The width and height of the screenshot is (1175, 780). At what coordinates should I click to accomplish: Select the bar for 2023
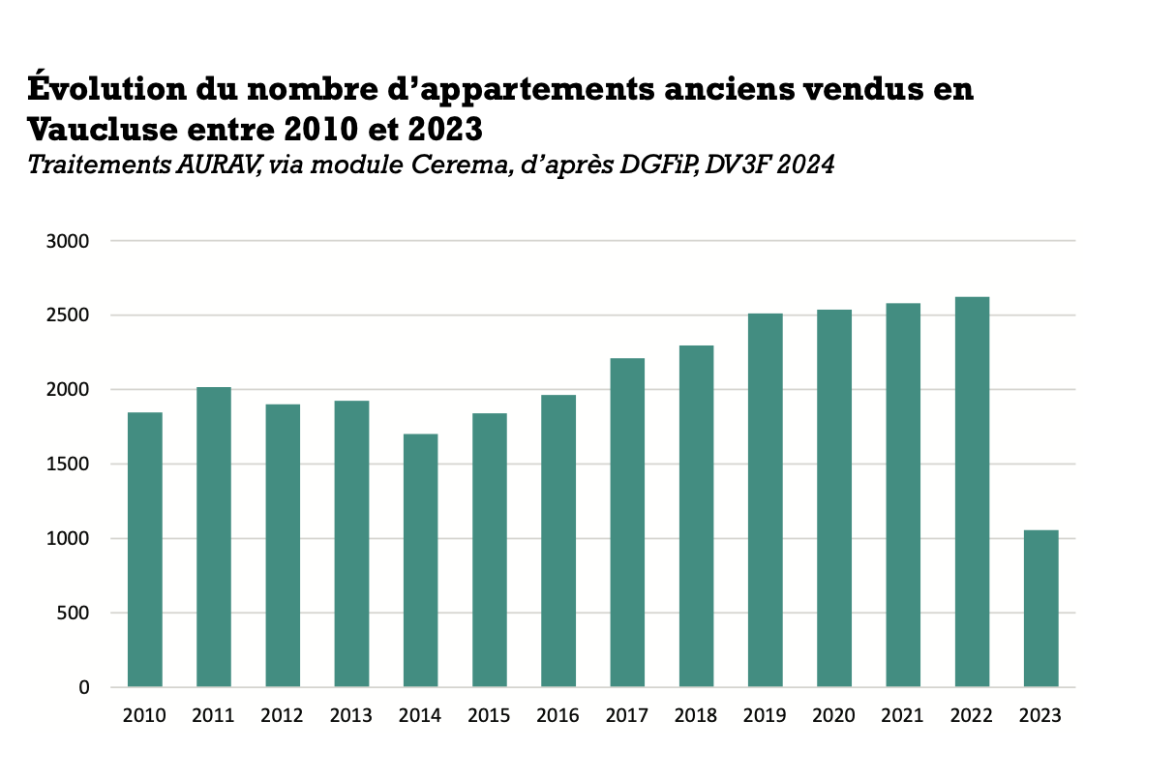point(1040,609)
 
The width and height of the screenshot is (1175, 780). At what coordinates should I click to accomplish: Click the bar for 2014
point(420,560)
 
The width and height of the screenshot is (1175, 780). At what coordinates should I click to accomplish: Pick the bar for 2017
point(627,523)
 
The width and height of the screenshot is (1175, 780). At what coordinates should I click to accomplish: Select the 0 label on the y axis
point(83,688)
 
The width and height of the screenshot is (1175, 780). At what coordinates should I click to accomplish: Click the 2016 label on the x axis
point(557,716)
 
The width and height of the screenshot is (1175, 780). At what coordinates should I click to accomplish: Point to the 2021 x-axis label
point(902,716)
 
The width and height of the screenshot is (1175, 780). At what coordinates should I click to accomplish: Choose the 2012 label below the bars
point(282,716)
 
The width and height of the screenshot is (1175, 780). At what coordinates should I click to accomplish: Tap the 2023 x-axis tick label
point(1040,716)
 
